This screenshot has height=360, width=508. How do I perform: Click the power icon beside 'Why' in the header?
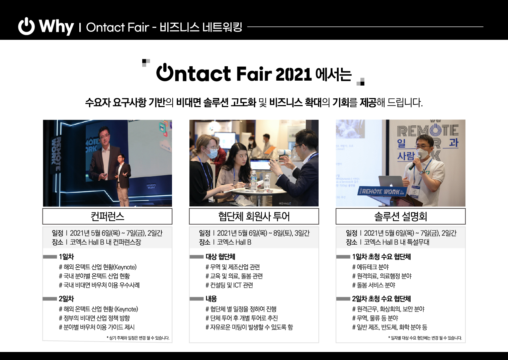(x=26, y=26)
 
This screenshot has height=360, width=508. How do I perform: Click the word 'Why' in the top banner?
(x=56, y=27)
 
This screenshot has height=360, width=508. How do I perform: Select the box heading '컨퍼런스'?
(x=107, y=216)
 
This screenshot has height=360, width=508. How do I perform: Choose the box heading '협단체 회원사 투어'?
(x=254, y=216)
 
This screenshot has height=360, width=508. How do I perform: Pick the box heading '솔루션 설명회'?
(x=401, y=216)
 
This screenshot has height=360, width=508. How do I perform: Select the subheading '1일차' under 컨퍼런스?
(x=66, y=257)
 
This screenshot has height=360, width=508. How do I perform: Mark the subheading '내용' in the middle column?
(x=211, y=298)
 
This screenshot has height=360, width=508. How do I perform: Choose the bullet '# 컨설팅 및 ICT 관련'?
(x=229, y=285)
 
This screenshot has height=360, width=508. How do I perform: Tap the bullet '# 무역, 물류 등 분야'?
(x=375, y=318)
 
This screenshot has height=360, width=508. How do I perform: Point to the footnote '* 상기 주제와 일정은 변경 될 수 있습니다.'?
(x=138, y=338)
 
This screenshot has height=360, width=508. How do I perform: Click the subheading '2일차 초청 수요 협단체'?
(x=381, y=298)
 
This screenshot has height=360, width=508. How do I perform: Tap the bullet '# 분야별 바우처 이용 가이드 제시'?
(x=97, y=327)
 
